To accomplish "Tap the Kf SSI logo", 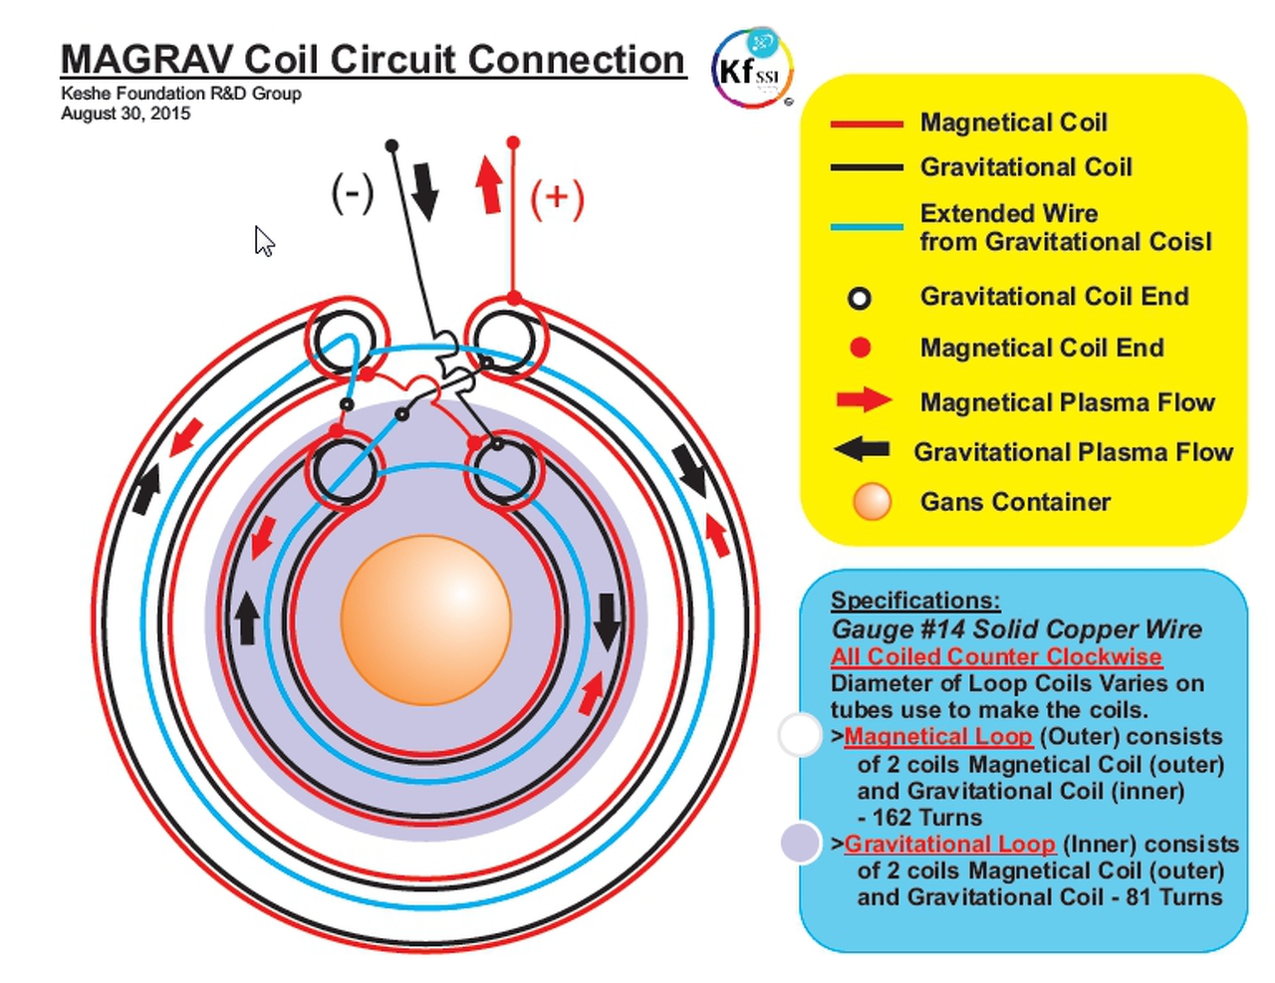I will coord(752,69).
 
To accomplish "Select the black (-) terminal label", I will coord(352,192).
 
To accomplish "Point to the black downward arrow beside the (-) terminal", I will coord(425,190).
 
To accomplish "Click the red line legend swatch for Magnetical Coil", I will coord(867,123).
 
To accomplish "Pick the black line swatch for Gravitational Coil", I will coord(867,167).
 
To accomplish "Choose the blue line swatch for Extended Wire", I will coord(867,227).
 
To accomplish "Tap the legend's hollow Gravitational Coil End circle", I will coord(859,298).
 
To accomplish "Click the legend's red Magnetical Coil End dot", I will coord(861,348).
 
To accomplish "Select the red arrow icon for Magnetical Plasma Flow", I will coord(863,400).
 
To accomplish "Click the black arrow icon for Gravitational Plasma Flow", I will coord(863,449).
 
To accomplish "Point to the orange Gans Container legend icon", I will coord(872,502).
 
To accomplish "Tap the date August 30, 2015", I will coord(126,114).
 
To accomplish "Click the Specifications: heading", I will coord(915,601).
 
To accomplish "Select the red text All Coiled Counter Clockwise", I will coord(996,657).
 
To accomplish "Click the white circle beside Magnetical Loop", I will coord(799,735).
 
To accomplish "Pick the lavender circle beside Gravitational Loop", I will coord(800,843).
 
